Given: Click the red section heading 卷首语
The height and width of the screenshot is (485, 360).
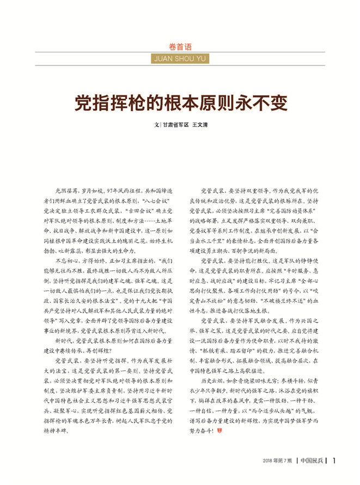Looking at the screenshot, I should [180, 47].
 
